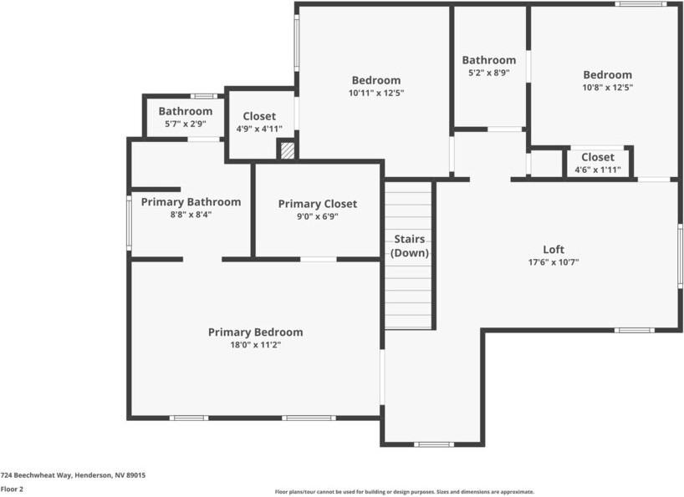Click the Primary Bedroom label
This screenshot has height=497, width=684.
(255, 332)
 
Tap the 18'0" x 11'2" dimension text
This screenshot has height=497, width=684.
(255, 344)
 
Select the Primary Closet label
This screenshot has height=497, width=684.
(317, 204)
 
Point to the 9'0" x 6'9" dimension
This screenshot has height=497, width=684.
(317, 216)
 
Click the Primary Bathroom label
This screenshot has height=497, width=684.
(191, 202)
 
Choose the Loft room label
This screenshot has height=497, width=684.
(554, 250)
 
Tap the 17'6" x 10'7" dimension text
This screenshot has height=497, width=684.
(554, 261)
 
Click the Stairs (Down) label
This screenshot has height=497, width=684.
(410, 246)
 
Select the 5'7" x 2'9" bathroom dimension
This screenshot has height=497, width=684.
(185, 124)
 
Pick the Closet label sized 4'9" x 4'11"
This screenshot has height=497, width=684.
(259, 117)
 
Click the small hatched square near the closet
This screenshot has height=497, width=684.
(287, 150)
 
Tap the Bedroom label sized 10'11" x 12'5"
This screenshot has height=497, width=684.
(375, 81)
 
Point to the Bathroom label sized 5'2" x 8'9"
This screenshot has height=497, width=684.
(488, 60)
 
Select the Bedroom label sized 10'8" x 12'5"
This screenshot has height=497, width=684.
(607, 75)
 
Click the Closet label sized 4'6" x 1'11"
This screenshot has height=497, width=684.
(597, 157)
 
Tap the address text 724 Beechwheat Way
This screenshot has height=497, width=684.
(73, 474)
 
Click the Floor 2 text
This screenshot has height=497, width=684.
(12, 489)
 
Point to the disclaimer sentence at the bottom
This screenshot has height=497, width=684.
(404, 492)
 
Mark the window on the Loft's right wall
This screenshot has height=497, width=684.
(680, 256)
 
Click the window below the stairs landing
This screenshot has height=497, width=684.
(434, 444)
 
